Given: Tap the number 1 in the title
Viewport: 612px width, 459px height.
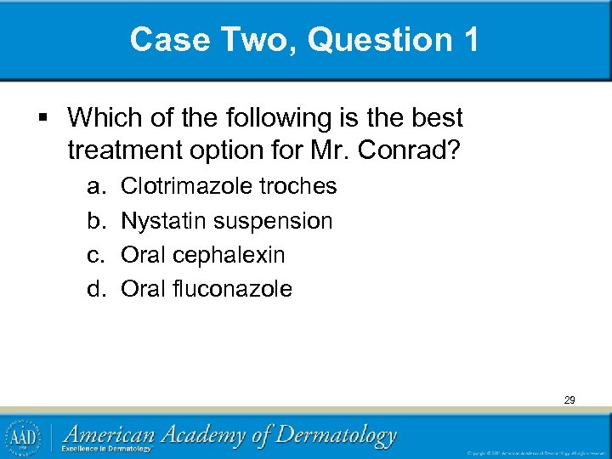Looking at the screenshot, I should pos(470,40).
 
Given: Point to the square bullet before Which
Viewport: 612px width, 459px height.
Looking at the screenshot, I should pos(52,116).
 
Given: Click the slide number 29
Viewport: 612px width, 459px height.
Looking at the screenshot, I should pos(568,399).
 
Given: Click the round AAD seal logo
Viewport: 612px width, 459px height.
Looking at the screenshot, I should pos(25,437).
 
